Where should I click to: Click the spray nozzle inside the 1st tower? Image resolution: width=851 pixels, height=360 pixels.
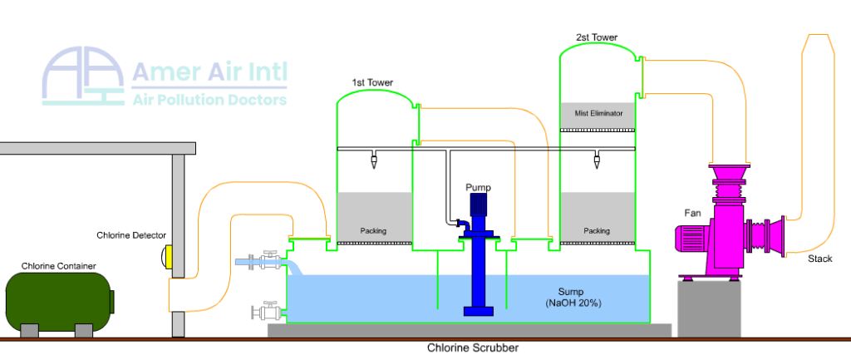[373, 160]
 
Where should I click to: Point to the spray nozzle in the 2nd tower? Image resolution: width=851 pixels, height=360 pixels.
[597, 160]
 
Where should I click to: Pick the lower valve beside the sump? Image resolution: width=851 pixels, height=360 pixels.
[266, 311]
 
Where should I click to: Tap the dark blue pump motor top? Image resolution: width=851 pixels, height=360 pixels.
[478, 204]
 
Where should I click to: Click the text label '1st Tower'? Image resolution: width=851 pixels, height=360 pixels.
[372, 83]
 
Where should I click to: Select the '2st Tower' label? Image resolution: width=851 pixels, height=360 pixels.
[597, 37]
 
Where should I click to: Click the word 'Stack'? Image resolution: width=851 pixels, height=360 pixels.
[819, 259]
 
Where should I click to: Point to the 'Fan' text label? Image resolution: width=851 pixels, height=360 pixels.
[692, 214]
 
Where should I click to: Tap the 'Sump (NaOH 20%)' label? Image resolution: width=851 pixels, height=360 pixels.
[573, 298]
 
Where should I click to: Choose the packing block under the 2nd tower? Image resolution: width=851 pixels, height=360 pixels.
[598, 217]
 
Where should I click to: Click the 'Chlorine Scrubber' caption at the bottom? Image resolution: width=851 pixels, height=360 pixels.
[472, 348]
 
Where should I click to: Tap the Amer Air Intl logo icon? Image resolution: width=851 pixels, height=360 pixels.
[83, 76]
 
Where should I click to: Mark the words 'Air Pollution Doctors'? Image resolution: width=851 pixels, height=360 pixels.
[209, 100]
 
